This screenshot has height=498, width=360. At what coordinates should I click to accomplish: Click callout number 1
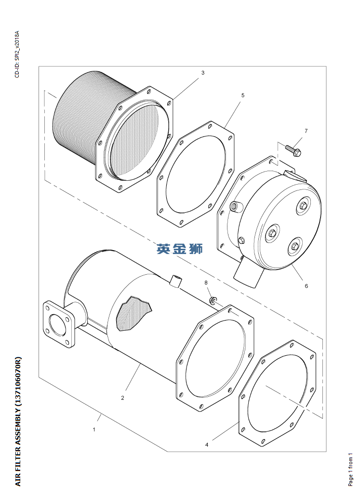(x=94, y=430)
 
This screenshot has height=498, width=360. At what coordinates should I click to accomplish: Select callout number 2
(x=122, y=398)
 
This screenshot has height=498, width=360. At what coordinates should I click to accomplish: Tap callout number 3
(x=203, y=73)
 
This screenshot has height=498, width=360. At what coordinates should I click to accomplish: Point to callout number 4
(x=207, y=444)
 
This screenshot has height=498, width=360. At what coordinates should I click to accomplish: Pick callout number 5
(x=243, y=95)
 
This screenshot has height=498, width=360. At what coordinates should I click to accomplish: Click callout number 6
(x=307, y=286)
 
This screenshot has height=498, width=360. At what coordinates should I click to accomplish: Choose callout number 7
(x=306, y=131)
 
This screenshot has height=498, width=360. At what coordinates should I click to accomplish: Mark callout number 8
(x=206, y=283)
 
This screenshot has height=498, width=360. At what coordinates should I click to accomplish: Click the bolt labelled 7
(x=293, y=150)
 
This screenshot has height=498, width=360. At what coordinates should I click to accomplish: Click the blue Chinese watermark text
(x=180, y=249)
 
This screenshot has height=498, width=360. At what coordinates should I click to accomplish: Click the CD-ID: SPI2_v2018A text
(x=17, y=54)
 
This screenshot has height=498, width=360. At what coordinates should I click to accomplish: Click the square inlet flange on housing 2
(x=60, y=324)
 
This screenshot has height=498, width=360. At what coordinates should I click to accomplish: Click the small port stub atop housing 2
(x=175, y=281)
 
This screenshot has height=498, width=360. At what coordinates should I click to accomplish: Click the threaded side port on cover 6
(x=236, y=207)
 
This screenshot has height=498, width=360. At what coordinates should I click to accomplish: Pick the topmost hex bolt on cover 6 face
(x=303, y=206)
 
